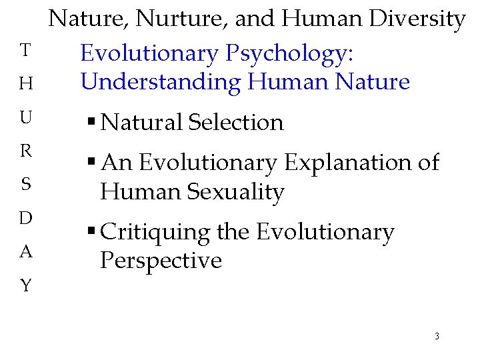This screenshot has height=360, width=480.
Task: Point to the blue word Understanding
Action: [161, 82]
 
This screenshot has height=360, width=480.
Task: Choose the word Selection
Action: [236, 123]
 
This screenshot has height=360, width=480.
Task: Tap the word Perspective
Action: [161, 261]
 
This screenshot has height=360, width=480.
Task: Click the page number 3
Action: [437, 336]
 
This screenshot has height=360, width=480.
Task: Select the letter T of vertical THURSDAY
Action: [25, 50]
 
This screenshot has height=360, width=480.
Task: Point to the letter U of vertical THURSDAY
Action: [25, 118]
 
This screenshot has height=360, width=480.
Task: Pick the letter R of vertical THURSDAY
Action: [25, 151]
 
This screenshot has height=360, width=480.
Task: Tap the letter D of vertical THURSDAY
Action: [25, 218]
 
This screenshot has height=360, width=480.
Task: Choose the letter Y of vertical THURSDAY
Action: [25, 286]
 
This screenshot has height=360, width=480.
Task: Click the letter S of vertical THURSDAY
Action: [25, 185]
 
